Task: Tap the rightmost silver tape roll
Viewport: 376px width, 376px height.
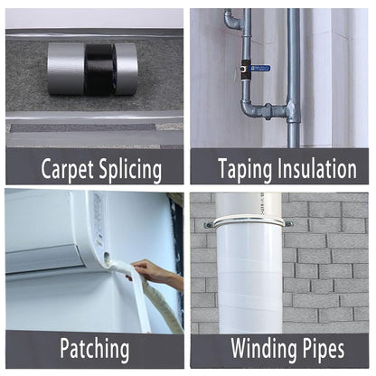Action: point(127,69)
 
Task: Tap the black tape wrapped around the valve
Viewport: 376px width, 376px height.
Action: point(244,67)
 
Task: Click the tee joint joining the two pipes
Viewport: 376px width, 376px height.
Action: point(291,112)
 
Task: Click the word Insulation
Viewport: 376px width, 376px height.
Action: point(316,168)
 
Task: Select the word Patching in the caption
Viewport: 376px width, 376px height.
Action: point(94,349)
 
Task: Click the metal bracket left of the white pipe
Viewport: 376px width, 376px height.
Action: point(210,225)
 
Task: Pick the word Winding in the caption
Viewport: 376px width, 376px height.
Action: point(263,349)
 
